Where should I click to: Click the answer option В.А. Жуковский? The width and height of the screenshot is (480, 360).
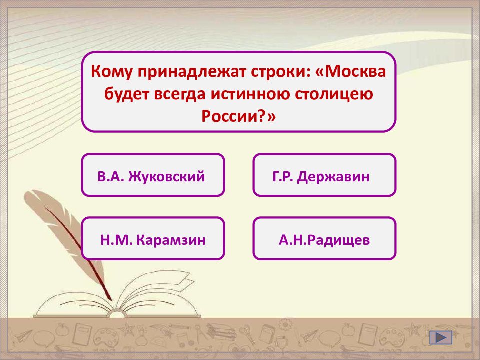[153, 175]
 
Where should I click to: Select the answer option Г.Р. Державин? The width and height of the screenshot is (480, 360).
[324, 175]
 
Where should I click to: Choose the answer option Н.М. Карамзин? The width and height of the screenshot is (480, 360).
[153, 238]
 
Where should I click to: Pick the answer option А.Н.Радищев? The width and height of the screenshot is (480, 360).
[324, 238]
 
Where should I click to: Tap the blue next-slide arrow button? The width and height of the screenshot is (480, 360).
[441, 337]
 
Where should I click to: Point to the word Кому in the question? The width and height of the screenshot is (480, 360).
[112, 72]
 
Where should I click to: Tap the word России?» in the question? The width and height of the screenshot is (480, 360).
[239, 116]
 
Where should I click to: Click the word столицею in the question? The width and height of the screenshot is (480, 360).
[334, 94]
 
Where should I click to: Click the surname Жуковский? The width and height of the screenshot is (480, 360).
[167, 176]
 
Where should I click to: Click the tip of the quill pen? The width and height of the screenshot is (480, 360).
[111, 299]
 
